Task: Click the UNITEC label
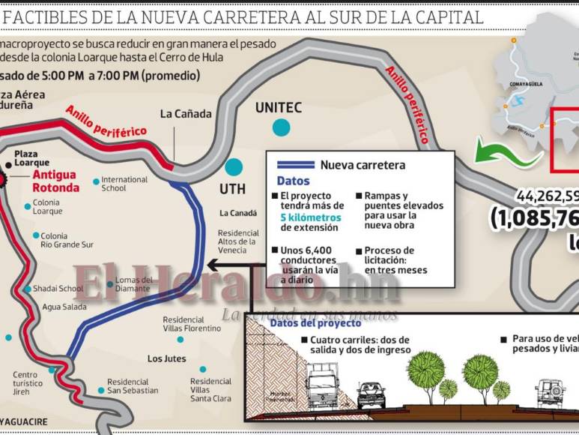[x=278, y=108]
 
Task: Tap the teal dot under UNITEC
[x=281, y=127]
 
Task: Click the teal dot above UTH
[x=234, y=166]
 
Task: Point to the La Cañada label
[x=186, y=114]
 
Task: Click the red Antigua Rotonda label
[x=55, y=181]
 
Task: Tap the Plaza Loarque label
[x=32, y=158]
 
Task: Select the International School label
[x=124, y=184]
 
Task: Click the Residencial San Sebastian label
[x=133, y=385]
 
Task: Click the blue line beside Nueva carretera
[x=295, y=166]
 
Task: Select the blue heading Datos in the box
[x=293, y=181]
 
